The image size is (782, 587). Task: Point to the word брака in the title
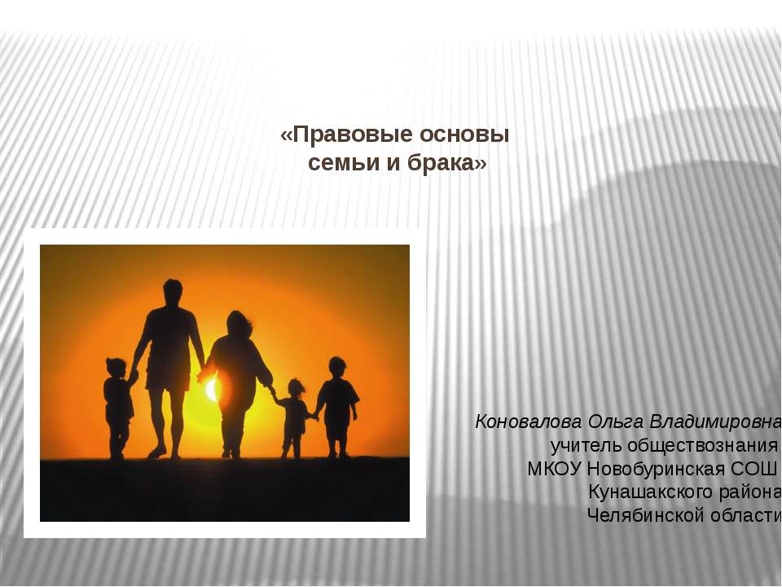tap(444, 163)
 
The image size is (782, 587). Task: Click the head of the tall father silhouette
tap(172, 291)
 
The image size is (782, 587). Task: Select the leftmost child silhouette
tap(118, 404)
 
